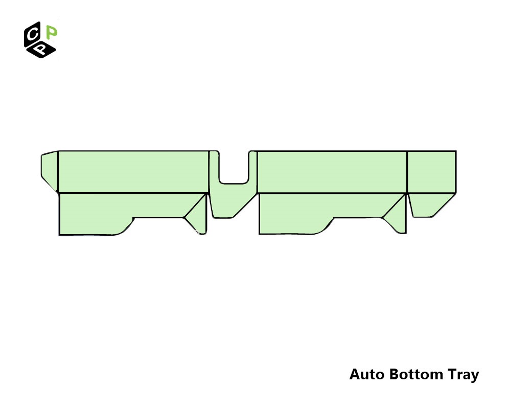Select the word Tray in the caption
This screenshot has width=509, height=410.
pos(464,375)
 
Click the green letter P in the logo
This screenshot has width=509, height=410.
pos(52,32)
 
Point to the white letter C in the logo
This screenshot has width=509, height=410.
pos(32,34)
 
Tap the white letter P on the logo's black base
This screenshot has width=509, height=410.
pos(40,50)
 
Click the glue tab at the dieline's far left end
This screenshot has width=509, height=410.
pos(50,171)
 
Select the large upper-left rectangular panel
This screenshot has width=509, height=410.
pos(133,172)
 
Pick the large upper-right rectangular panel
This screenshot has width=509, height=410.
pos(332,172)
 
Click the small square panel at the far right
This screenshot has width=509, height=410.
pos(431,172)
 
